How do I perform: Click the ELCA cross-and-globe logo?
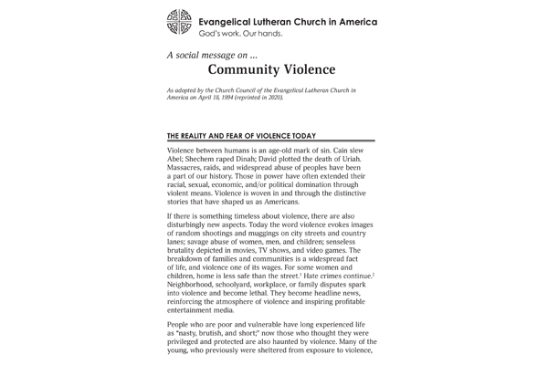click(x=180, y=26)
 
